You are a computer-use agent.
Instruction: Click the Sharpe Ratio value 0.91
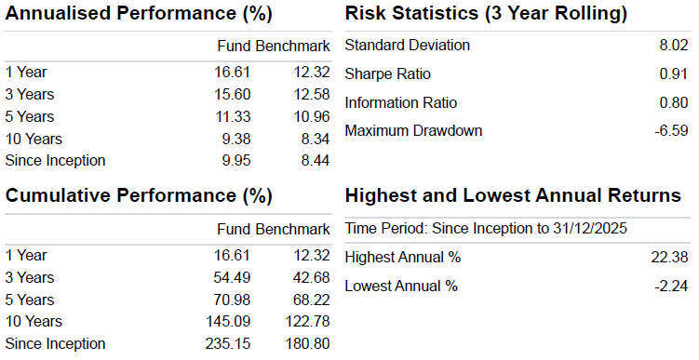pos(674,73)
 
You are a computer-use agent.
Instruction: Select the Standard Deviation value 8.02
pos(674,45)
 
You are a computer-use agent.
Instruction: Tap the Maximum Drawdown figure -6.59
pos(671,130)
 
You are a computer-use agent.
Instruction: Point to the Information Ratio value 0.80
pos(674,102)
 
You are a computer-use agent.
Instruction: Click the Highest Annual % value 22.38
pos(669,257)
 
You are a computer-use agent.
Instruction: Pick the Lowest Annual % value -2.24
pos(671,286)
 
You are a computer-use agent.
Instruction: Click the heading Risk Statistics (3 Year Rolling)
pos(486,13)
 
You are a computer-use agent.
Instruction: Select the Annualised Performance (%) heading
pos(139,13)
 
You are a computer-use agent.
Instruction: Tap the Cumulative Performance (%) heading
pos(139,196)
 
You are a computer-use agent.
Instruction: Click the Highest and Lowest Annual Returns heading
pos(513,195)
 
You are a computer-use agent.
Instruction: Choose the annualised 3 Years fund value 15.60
pos(233,95)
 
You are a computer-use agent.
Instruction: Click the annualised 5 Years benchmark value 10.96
pos(312,116)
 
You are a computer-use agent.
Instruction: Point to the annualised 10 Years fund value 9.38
pos(236,139)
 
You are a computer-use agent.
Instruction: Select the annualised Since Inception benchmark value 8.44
pos(316,160)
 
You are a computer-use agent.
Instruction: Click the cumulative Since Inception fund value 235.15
pos(228,344)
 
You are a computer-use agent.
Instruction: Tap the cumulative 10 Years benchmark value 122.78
pos(307,322)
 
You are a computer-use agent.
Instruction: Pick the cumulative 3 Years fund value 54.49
pos(233,277)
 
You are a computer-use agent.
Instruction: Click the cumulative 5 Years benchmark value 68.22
pos(312,300)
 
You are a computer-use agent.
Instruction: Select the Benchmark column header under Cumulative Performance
pos(293,229)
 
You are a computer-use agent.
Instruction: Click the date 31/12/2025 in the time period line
pos(590,228)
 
